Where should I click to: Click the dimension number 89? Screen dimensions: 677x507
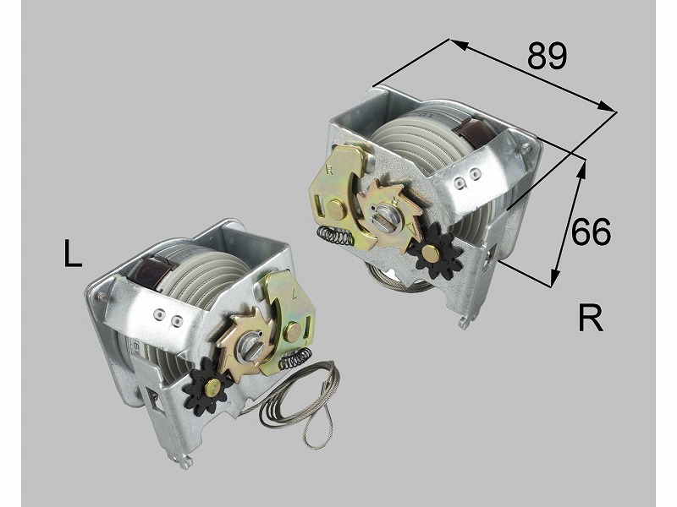547,56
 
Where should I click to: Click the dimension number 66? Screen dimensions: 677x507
591,232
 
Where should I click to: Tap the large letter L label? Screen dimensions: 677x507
73,253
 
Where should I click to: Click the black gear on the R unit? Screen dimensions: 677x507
435,253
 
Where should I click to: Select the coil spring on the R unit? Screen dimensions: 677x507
335,236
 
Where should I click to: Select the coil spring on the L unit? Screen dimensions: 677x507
296,358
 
